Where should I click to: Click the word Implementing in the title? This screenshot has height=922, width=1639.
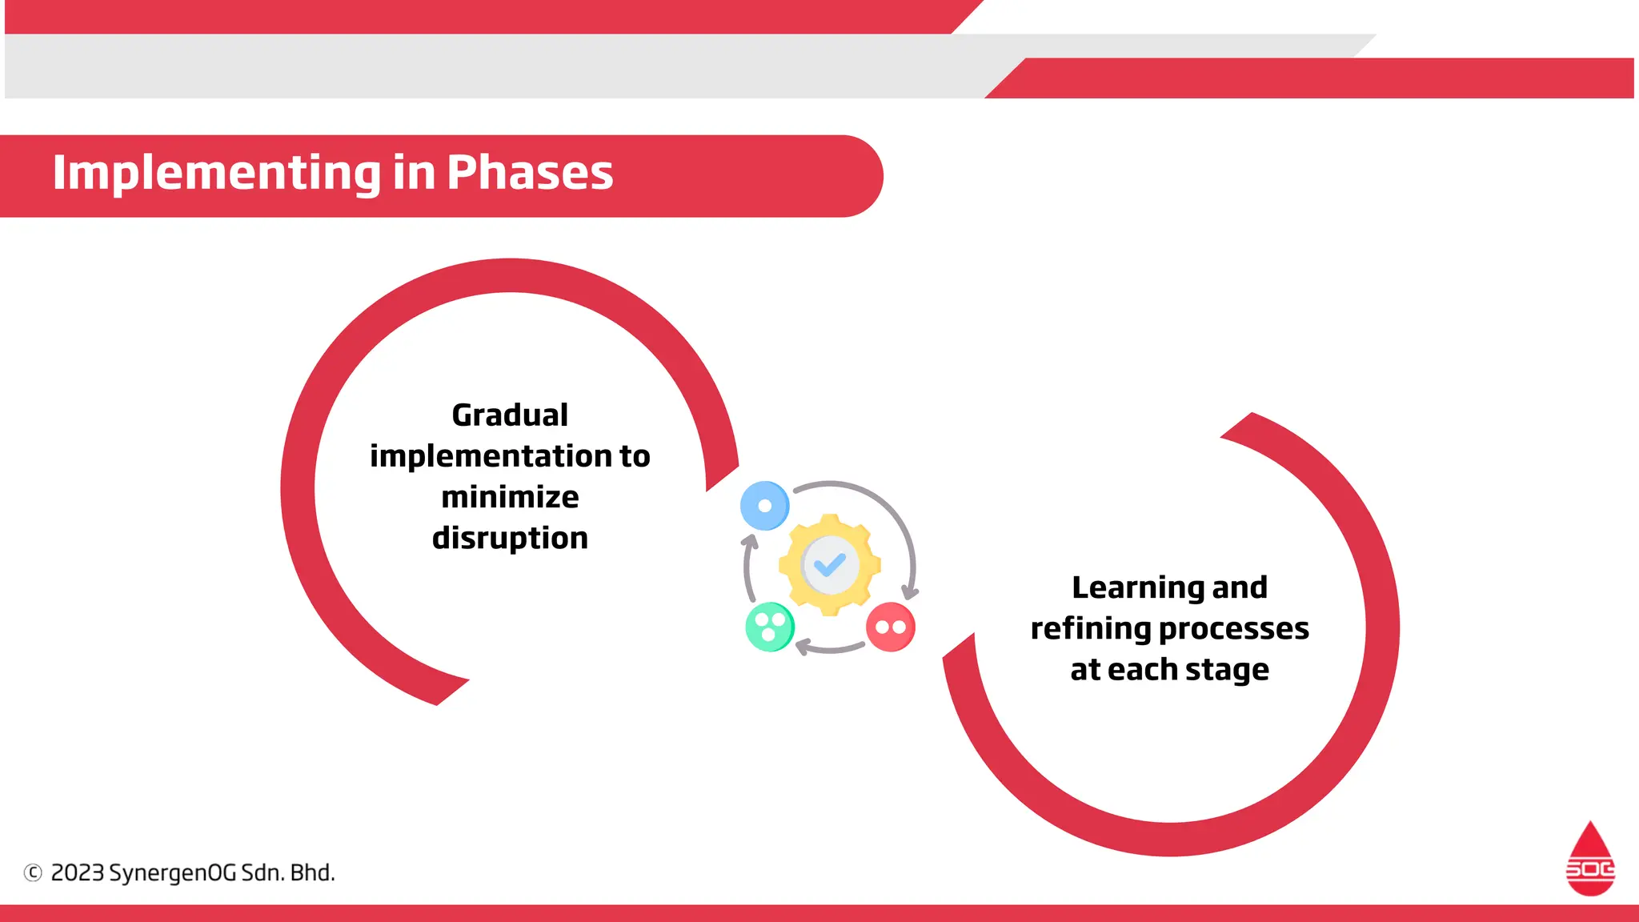pyautogui.click(x=217, y=173)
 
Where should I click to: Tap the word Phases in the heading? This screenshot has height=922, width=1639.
pyautogui.click(x=530, y=173)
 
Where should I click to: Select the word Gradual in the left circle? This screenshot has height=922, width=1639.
pyautogui.click(x=510, y=415)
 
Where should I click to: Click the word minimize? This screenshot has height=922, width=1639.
pyautogui.click(x=510, y=497)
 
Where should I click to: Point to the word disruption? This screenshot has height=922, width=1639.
pyautogui.click(x=510, y=538)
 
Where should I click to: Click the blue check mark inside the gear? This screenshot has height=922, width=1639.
pyautogui.click(x=830, y=565)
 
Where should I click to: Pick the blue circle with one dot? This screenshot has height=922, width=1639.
pyautogui.click(x=765, y=506)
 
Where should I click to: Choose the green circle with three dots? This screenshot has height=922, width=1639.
pyautogui.click(x=770, y=627)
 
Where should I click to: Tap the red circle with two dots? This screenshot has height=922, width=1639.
pyautogui.click(x=890, y=627)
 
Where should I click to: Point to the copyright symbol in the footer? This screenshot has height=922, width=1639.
pyautogui.click(x=33, y=872)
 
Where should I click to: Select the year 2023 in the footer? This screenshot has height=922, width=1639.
pyautogui.click(x=78, y=872)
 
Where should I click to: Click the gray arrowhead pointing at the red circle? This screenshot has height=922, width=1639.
pyautogui.click(x=910, y=593)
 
